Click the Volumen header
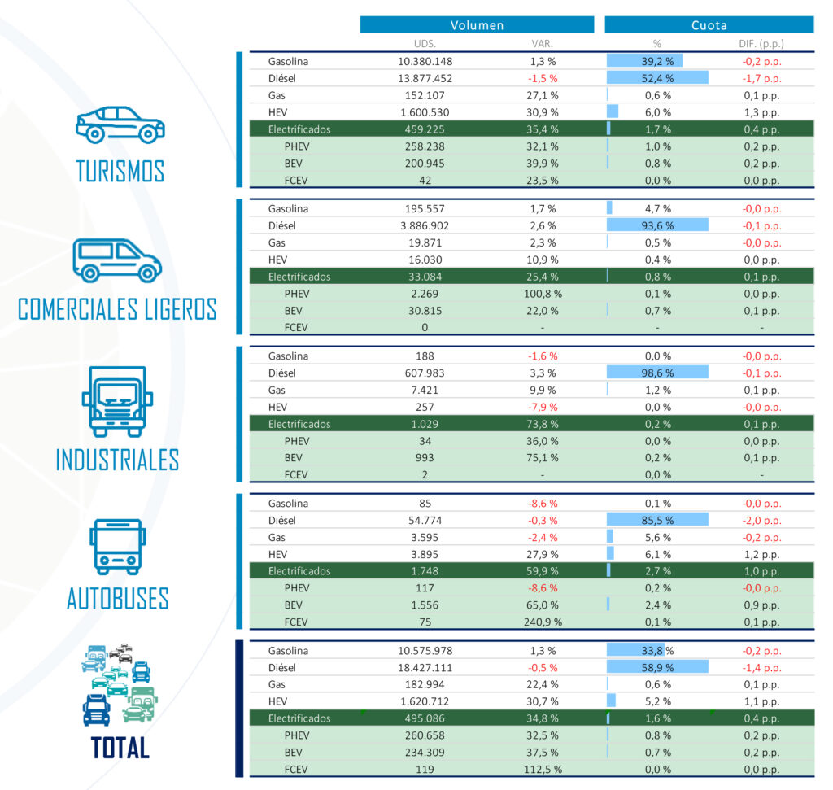(477, 25)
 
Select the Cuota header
(709, 25)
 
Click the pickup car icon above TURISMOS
(120, 124)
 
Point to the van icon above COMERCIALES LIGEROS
(117, 260)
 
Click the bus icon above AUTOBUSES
(119, 547)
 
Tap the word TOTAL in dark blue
(120, 747)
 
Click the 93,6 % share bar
(657, 225)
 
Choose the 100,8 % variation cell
(542, 294)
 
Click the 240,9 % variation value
(542, 622)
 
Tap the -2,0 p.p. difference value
(761, 521)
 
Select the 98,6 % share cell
(657, 373)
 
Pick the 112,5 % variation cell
(542, 769)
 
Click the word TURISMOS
(120, 172)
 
